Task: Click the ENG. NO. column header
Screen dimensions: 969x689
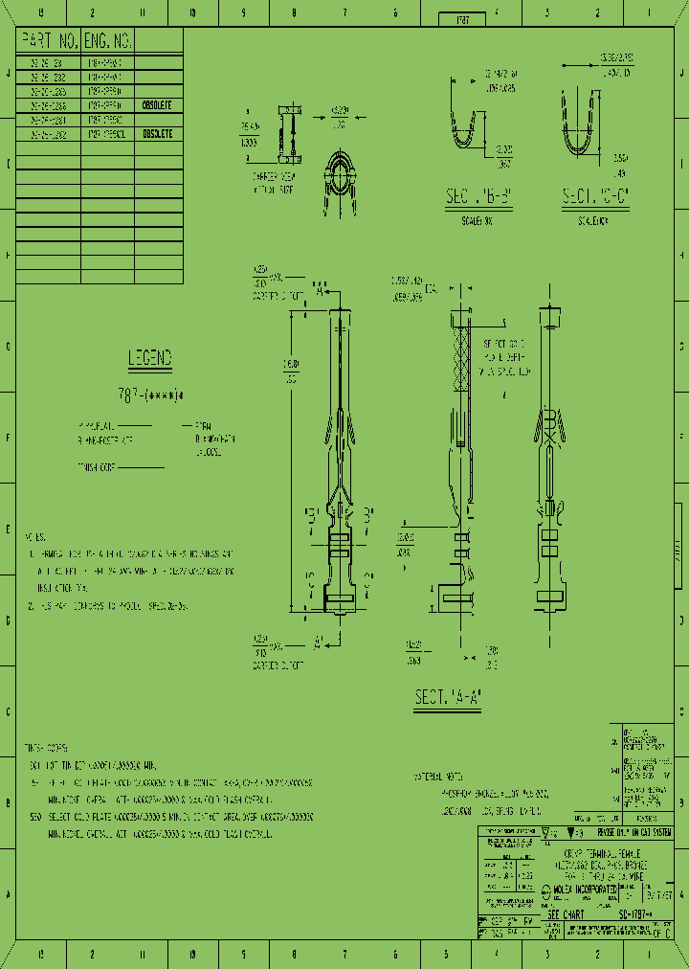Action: pyautogui.click(x=107, y=40)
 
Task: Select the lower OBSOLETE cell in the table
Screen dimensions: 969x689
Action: pyautogui.click(x=157, y=135)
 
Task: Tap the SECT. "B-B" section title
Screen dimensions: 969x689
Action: pyautogui.click(x=479, y=197)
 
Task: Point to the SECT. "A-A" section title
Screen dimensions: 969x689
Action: pyautogui.click(x=447, y=698)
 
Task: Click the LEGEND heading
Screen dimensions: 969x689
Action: pyautogui.click(x=150, y=359)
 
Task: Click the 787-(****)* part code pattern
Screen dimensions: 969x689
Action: pyautogui.click(x=151, y=394)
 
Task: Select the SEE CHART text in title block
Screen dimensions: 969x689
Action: pyautogui.click(x=568, y=914)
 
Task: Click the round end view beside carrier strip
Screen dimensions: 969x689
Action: pyautogui.click(x=340, y=170)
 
